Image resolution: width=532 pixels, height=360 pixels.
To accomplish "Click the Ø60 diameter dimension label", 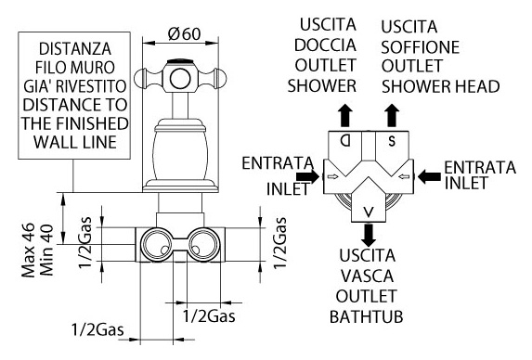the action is pos(184,33).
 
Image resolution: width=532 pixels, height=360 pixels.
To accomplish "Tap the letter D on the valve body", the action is pos(345,140).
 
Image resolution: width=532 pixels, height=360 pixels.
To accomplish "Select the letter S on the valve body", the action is pos(392,141).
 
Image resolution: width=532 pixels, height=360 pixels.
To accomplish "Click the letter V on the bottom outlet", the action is pos(369,212).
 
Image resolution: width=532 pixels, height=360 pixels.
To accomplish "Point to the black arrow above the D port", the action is pos(345,115).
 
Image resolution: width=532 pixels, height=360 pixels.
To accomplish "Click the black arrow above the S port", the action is pos(392,115).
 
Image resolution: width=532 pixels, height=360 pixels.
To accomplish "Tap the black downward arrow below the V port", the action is pos(369,235).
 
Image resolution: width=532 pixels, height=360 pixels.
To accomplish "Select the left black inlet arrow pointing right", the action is pos(308,176).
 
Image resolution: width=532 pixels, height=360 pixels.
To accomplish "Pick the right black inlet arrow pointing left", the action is pos(429,176).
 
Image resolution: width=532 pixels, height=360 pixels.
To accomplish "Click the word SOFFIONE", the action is pos(420,47).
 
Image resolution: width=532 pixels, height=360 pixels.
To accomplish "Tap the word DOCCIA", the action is pos(325,45).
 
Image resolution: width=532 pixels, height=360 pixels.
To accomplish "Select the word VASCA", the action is pos(367,276).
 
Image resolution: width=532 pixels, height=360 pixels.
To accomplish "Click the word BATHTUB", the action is pos(367,317).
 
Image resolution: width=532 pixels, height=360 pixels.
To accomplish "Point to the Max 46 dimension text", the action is pos(29,251).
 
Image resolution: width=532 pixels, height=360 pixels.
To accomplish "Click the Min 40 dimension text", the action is pos(46,251).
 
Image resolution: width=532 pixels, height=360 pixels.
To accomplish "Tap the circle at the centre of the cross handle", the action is pos(179,79).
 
